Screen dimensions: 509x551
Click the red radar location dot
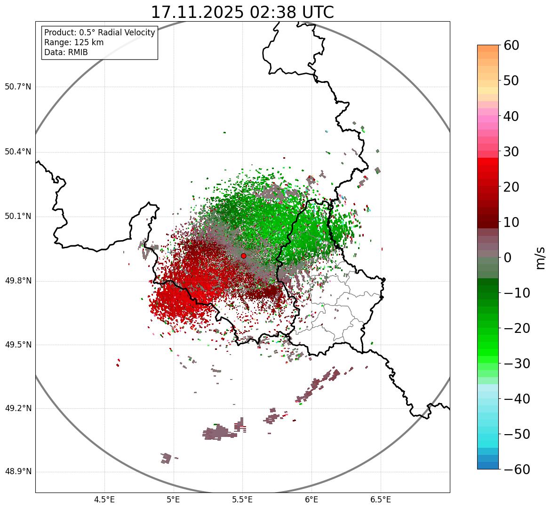click(x=243, y=256)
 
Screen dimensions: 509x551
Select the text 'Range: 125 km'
click(x=74, y=42)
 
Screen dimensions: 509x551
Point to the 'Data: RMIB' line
click(x=66, y=52)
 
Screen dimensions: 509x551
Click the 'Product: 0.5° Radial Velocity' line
click(x=99, y=32)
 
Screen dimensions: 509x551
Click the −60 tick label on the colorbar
click(x=516, y=469)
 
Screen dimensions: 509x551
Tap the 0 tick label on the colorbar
click(x=508, y=258)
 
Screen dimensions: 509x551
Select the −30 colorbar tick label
click(x=516, y=364)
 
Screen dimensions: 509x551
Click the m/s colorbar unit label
click(x=540, y=258)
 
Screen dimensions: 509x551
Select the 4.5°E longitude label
click(x=104, y=500)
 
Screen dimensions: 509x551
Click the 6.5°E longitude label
click(x=380, y=500)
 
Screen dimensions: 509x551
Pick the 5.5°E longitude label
click(x=242, y=500)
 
